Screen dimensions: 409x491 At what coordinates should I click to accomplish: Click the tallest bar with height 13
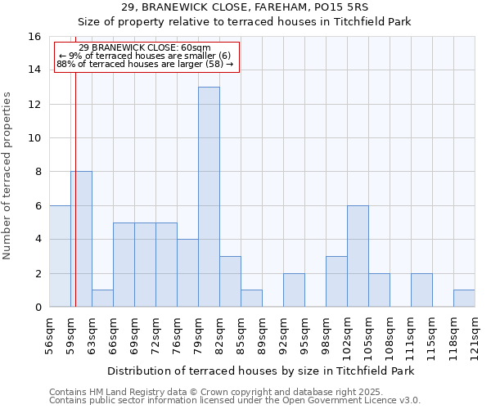coord(209,197)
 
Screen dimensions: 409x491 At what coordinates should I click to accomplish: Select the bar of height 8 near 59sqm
coord(81,239)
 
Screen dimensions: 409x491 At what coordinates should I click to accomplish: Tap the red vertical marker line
coord(74,204)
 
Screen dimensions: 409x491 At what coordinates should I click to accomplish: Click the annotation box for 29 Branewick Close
coord(146,56)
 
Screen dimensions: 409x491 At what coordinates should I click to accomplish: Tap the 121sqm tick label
coord(475,335)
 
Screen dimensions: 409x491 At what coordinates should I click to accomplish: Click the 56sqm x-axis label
coord(49,335)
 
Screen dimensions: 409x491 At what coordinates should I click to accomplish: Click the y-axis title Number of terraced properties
coord(7,175)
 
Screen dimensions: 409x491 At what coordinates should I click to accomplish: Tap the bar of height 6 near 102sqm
coord(358,256)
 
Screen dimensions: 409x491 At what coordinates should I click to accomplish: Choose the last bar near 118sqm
coord(464,299)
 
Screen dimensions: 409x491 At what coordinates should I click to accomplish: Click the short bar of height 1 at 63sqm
coord(102,299)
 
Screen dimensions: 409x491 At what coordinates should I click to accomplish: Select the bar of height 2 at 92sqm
coord(294,290)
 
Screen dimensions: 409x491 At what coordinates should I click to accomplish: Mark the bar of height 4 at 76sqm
coord(187,273)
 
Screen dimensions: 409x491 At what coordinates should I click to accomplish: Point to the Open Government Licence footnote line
coord(235,401)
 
